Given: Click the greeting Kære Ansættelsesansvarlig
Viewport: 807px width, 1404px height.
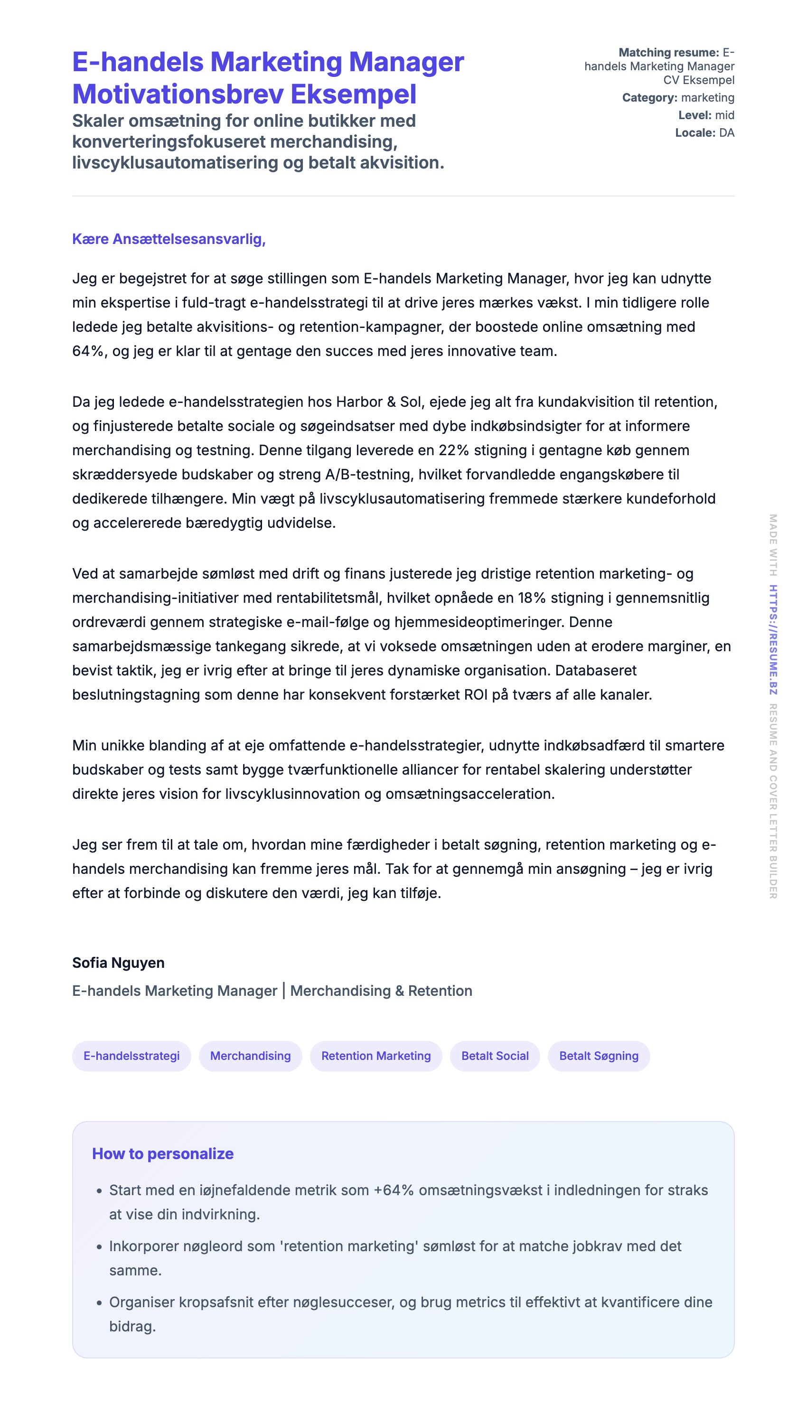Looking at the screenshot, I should pos(169,239).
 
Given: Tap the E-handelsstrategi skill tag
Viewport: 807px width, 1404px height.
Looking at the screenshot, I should pos(131,1056).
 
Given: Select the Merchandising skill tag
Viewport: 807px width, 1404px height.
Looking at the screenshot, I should pos(250,1056).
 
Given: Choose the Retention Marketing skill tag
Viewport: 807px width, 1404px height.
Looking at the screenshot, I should pos(376,1056).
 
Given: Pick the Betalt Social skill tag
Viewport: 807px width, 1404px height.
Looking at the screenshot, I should pos(495,1056).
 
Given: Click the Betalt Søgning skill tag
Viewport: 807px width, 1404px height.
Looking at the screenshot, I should pos(599,1056).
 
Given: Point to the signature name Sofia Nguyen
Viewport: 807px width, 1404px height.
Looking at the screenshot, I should pos(118,963).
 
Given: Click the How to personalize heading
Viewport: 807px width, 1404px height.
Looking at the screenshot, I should pos(162,1153).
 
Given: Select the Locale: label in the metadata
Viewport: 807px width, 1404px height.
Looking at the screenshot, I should pos(695,132).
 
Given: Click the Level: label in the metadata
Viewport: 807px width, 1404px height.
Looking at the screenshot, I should pos(694,115).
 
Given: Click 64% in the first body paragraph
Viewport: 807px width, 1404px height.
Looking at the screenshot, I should pos(87,351).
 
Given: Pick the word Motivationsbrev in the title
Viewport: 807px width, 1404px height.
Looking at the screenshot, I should pos(178,94).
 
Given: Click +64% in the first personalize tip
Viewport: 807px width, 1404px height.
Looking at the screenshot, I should pos(394,1190).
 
